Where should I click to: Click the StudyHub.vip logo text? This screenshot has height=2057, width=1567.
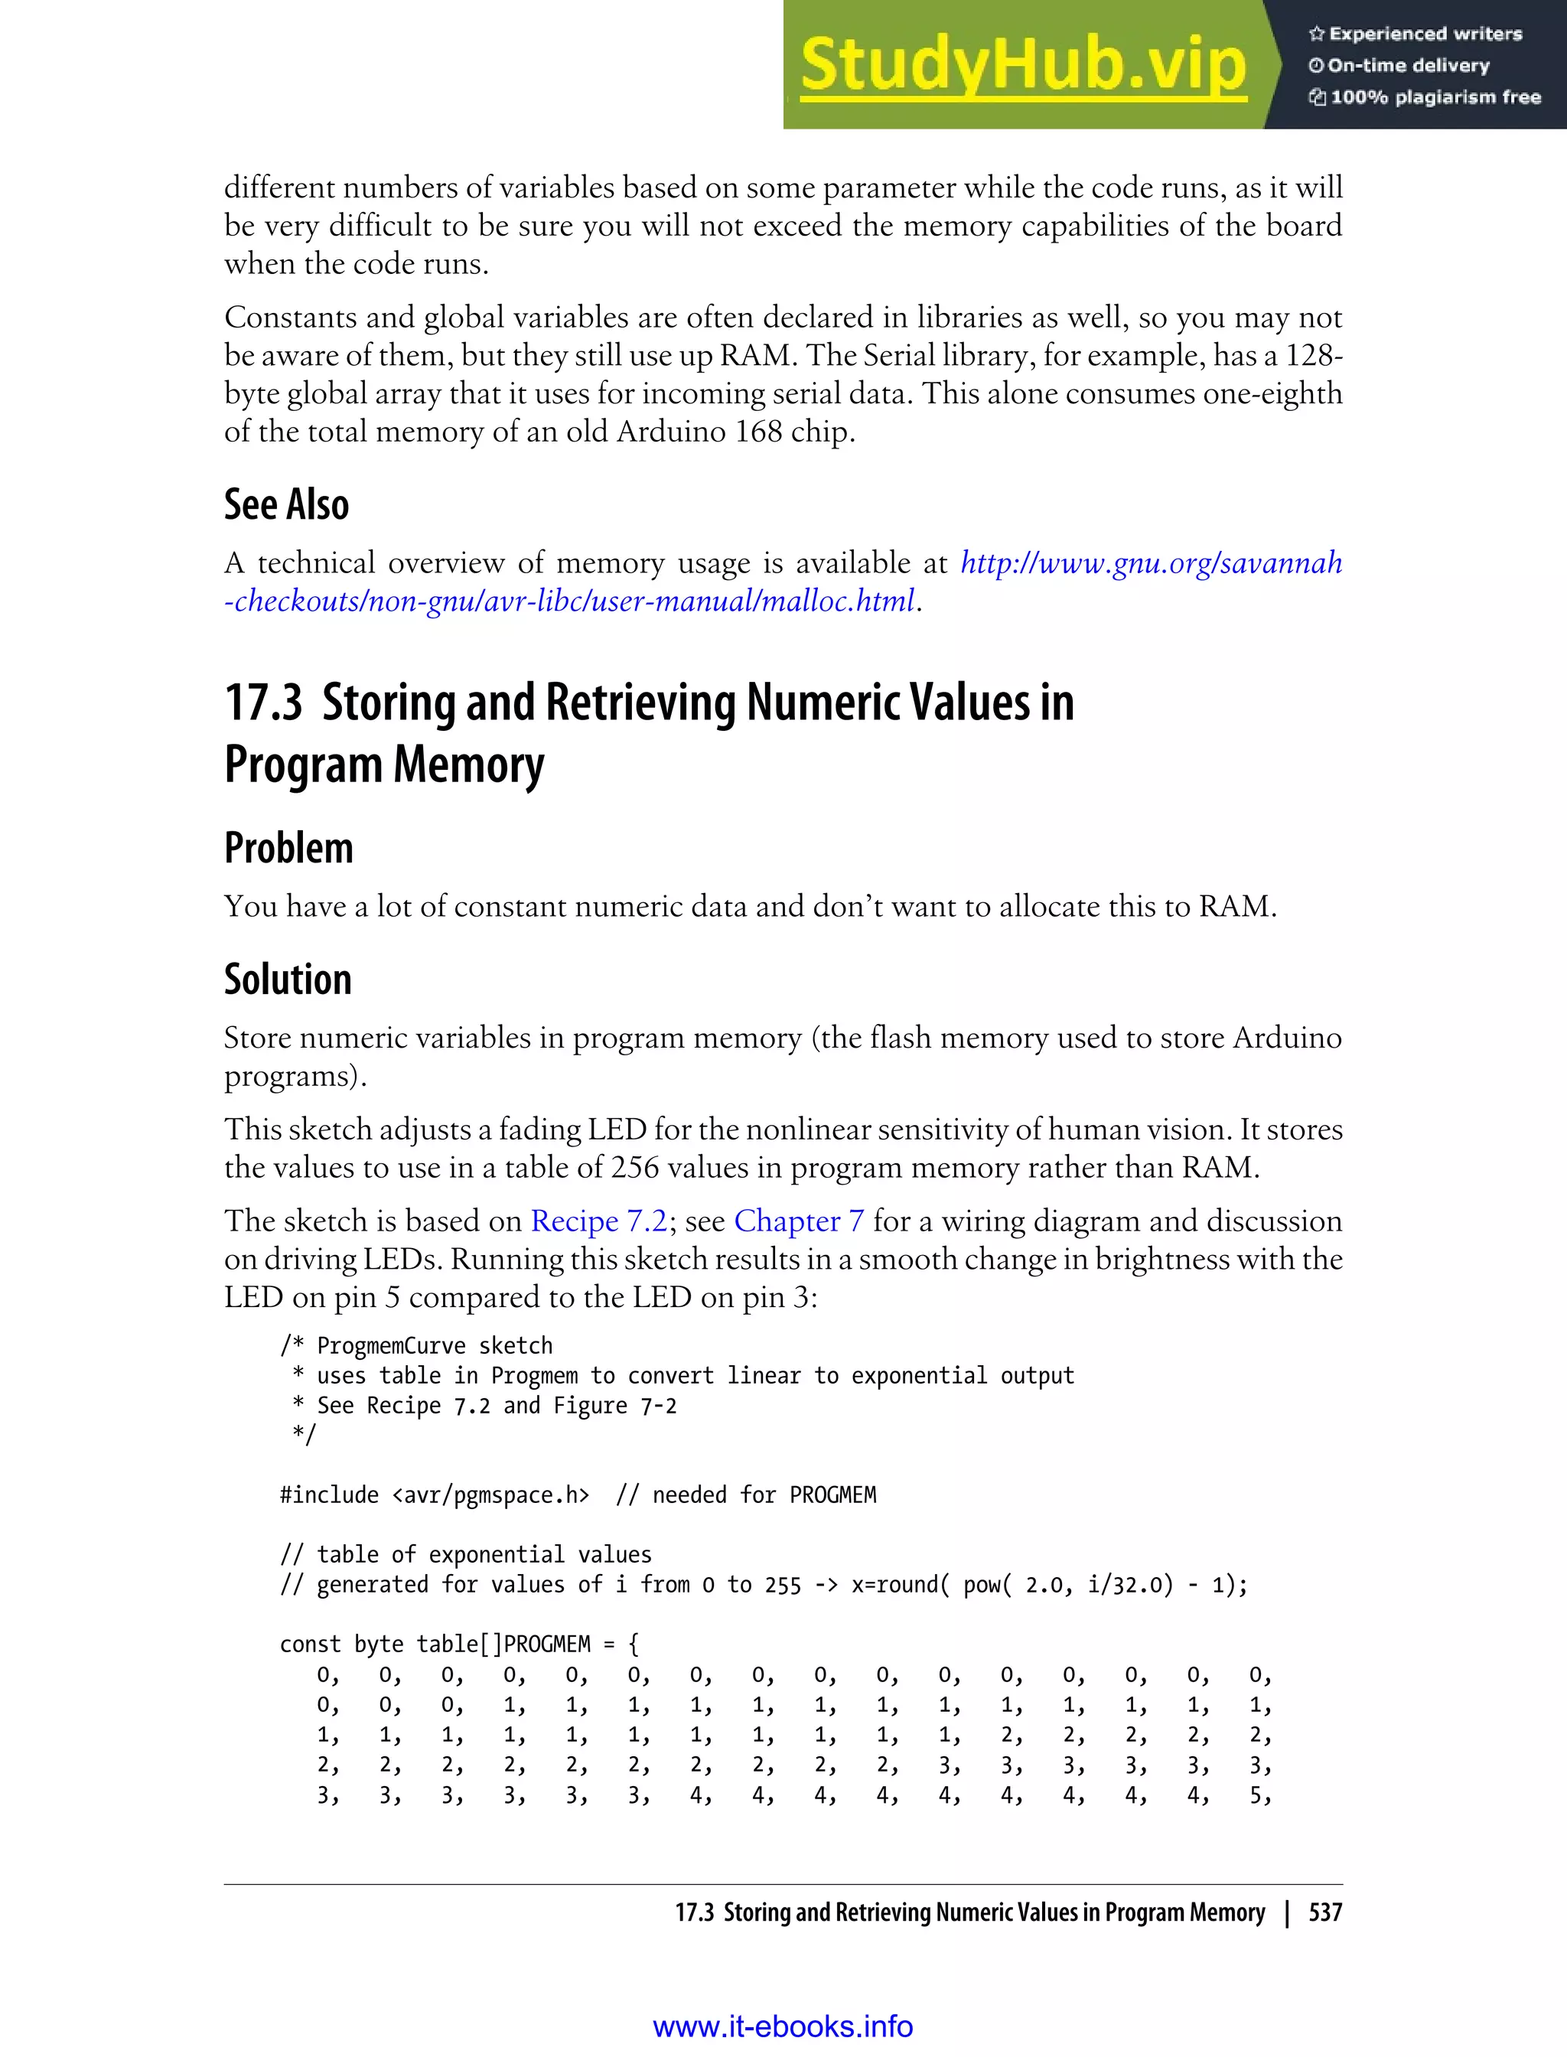(1023, 65)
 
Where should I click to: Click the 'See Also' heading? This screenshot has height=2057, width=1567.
(286, 505)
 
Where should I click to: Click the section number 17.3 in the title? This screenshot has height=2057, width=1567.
(263, 703)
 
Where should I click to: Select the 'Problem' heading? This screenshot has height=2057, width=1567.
(288, 848)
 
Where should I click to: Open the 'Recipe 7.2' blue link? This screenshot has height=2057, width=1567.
(599, 1221)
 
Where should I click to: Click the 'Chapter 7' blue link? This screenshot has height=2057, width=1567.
(799, 1221)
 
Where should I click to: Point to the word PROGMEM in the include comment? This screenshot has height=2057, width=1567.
(832, 1495)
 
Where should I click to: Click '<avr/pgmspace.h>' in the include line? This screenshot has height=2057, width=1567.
(490, 1495)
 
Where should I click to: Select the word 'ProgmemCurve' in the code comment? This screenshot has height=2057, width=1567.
(391, 1346)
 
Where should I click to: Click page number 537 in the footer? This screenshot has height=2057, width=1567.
(1324, 1912)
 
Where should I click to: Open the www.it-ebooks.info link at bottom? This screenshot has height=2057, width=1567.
(783, 2026)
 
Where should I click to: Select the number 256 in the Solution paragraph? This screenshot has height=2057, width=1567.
(634, 1168)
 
